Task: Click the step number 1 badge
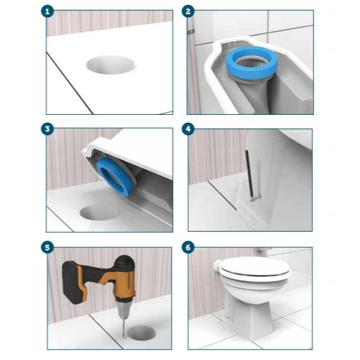click(x=48, y=12)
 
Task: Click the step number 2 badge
click(x=188, y=12)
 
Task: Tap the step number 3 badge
click(x=48, y=129)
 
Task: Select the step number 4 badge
click(x=188, y=129)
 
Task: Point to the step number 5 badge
click(x=48, y=248)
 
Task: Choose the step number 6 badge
click(x=188, y=248)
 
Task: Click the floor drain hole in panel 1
click(x=111, y=65)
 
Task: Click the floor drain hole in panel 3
click(x=99, y=213)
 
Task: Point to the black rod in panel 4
click(x=249, y=174)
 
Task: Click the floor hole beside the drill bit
click(x=142, y=333)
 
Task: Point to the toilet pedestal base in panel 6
click(x=249, y=319)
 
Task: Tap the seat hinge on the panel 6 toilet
click(x=216, y=266)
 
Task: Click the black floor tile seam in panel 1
click(x=70, y=83)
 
